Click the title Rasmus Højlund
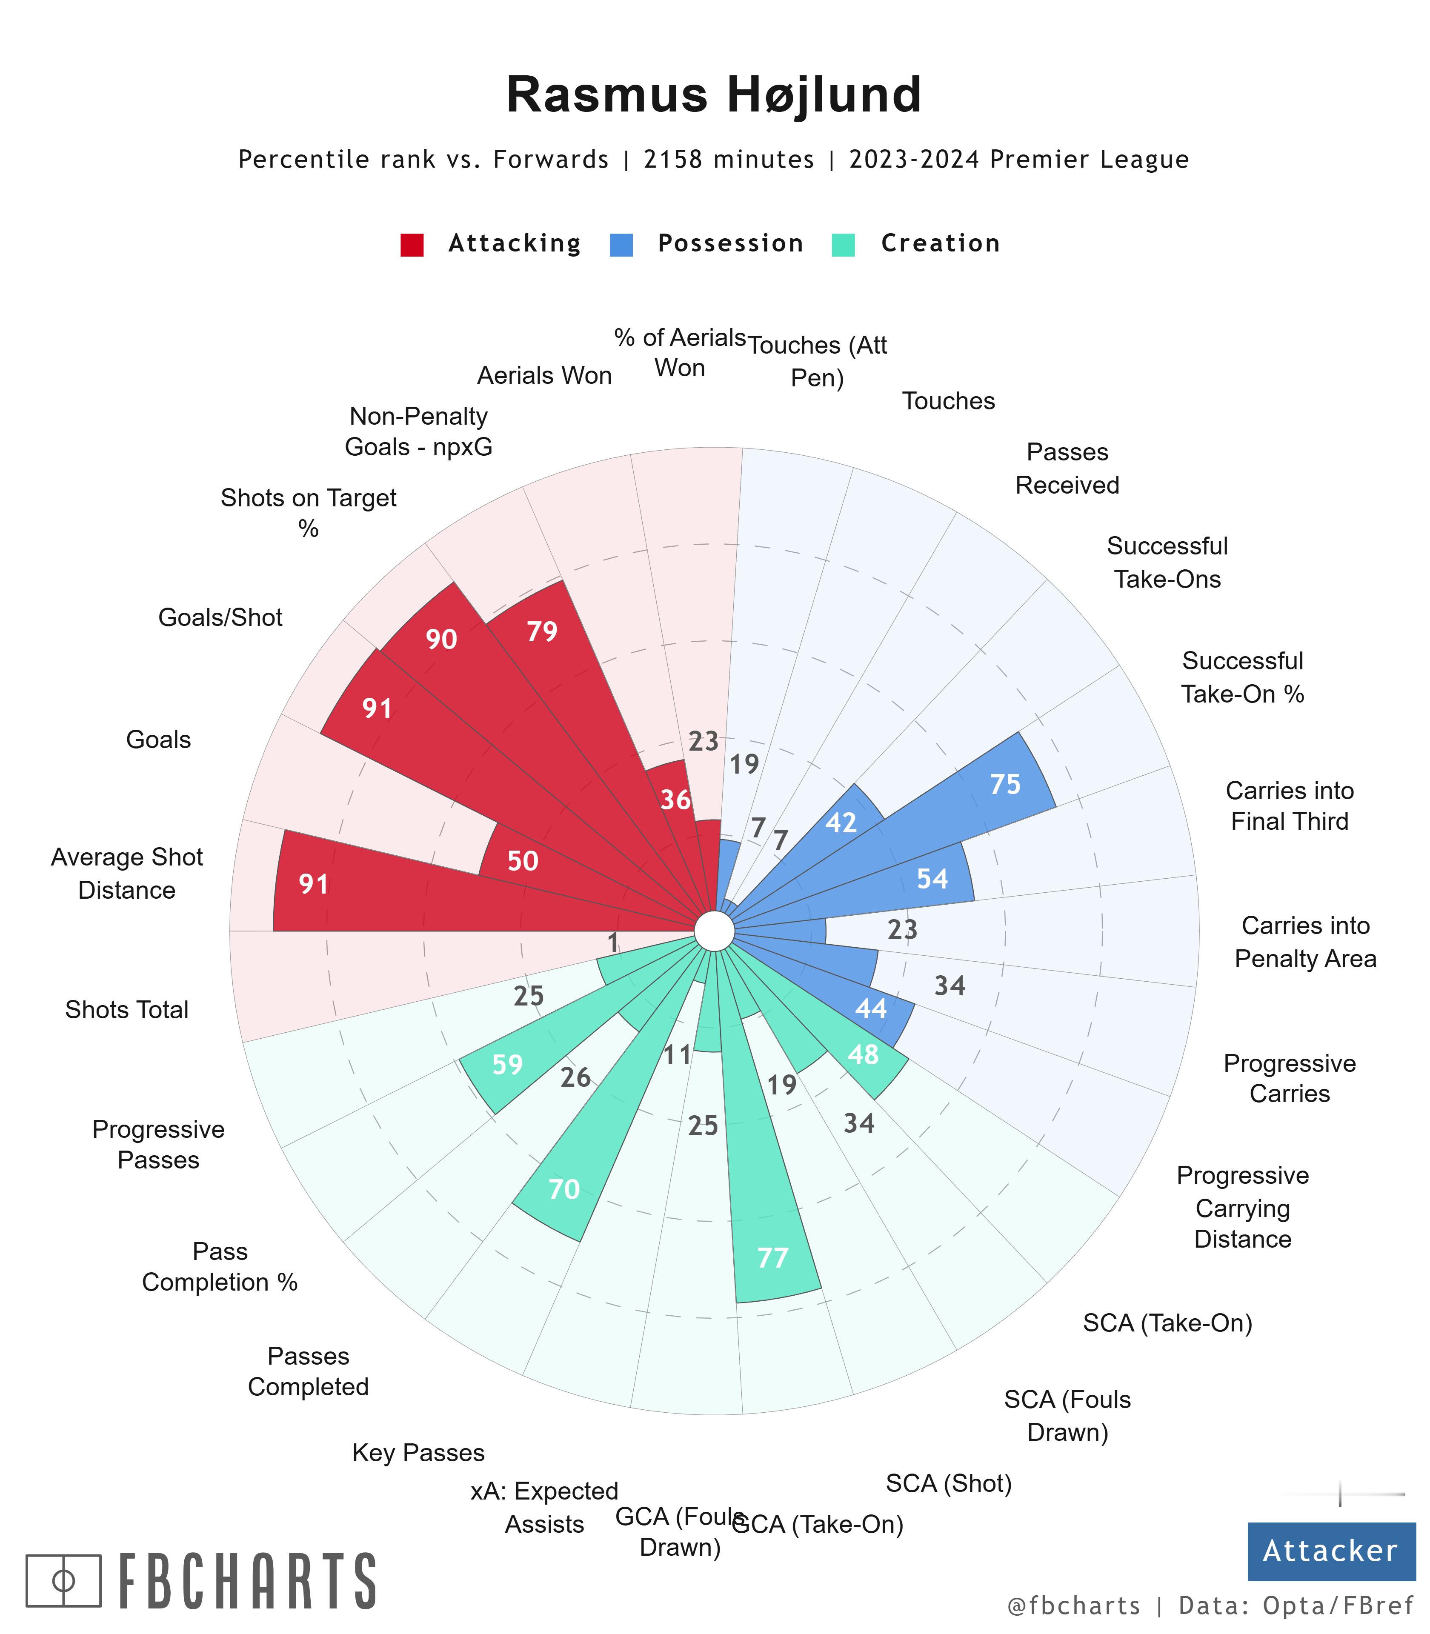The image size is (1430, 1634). [714, 94]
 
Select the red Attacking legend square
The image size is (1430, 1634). [412, 244]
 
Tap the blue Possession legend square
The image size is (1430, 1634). [621, 244]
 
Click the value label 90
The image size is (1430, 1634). [441, 639]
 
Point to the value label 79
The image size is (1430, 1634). [543, 632]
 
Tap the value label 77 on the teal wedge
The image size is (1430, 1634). [772, 1258]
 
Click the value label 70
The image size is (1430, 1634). [564, 1190]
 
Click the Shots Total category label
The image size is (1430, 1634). [127, 1010]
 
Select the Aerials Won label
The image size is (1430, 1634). [544, 376]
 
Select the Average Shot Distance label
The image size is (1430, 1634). [127, 874]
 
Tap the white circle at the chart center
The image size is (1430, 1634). [714, 931]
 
